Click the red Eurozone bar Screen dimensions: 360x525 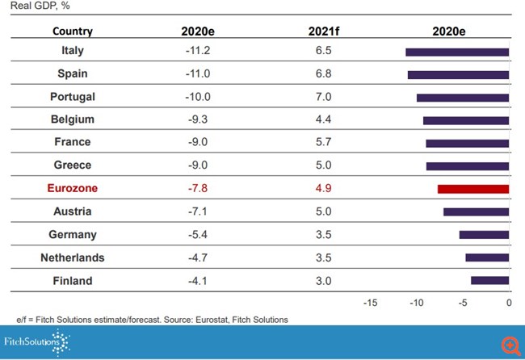473,189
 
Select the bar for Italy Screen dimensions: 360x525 457,52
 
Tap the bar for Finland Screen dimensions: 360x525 490,281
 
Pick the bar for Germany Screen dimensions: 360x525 484,235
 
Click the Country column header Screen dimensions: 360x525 73,31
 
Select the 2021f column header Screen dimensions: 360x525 323,31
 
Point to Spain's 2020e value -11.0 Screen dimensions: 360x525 197,73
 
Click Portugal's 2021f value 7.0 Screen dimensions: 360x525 323,97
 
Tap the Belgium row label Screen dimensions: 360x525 73,119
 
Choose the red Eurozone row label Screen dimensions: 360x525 73,189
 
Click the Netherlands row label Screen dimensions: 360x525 73,258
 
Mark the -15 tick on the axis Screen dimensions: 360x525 371,303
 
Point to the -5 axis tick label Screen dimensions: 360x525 463,303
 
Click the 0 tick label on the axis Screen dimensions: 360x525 509,303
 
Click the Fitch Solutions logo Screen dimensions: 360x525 37,342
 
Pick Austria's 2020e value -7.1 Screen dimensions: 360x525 197,211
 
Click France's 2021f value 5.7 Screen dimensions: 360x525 323,143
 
